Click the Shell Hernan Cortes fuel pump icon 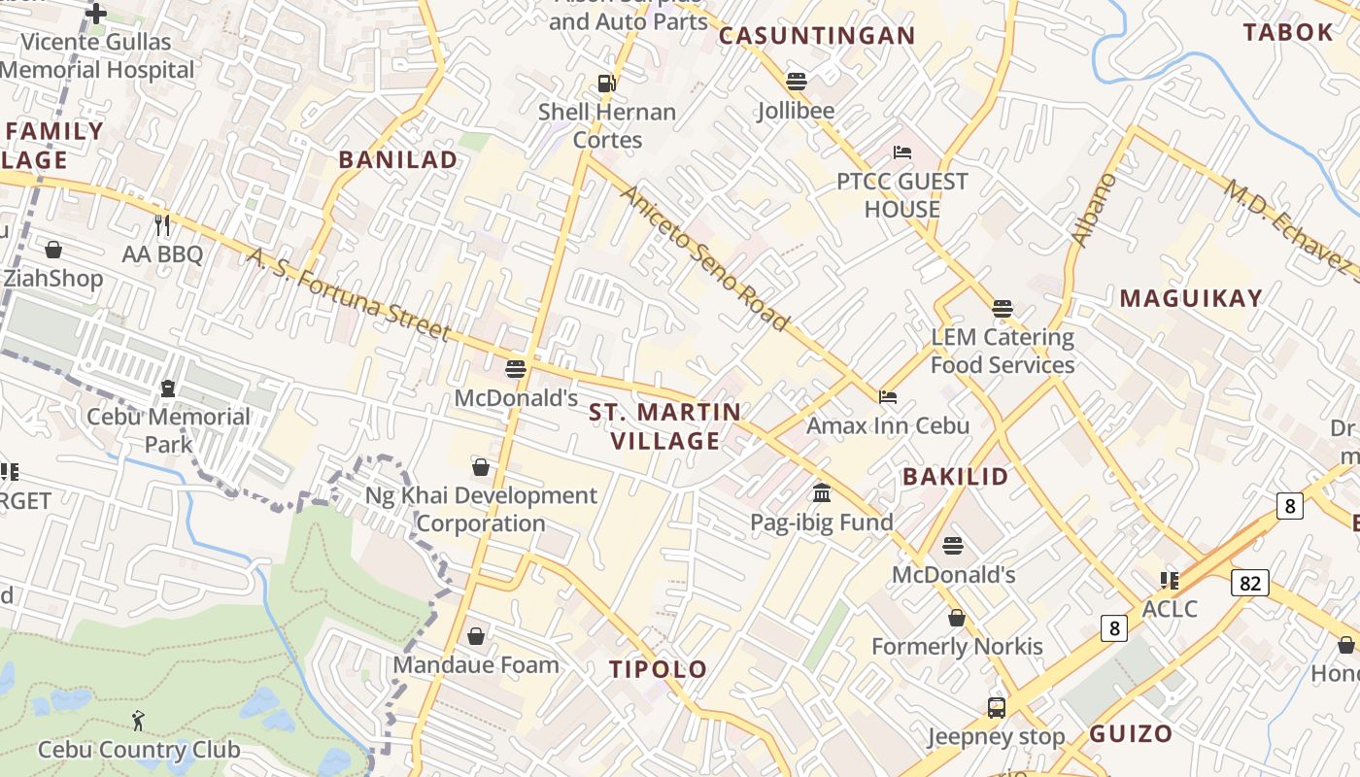[607, 84]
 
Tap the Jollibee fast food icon [797, 82]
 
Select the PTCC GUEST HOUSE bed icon [902, 152]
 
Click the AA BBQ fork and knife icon [162, 225]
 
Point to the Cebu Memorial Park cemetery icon [168, 388]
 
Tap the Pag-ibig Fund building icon [822, 493]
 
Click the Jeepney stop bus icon [997, 707]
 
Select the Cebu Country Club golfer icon [138, 721]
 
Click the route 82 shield [1249, 583]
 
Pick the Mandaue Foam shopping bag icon [476, 636]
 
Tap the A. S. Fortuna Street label [349, 295]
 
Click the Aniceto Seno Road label [704, 256]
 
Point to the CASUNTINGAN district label [817, 36]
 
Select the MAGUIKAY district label [1191, 298]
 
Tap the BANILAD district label [397, 160]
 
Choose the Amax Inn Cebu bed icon [888, 396]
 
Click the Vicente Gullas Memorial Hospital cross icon [96, 14]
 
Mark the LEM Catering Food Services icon [1003, 309]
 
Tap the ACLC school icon [1170, 581]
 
